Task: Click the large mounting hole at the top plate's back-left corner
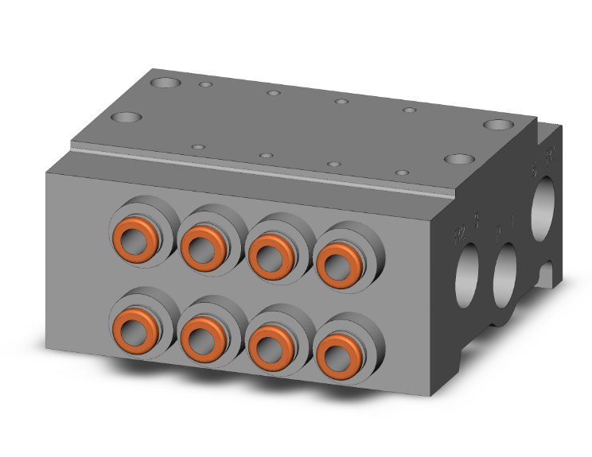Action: pos(168,82)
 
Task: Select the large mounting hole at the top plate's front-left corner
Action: pos(127,118)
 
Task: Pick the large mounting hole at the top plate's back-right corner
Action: pos(498,126)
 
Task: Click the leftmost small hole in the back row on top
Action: pos(205,83)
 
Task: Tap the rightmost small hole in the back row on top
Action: pos(408,110)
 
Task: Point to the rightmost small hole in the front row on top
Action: pos(403,172)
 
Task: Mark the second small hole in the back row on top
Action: pos(273,93)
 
